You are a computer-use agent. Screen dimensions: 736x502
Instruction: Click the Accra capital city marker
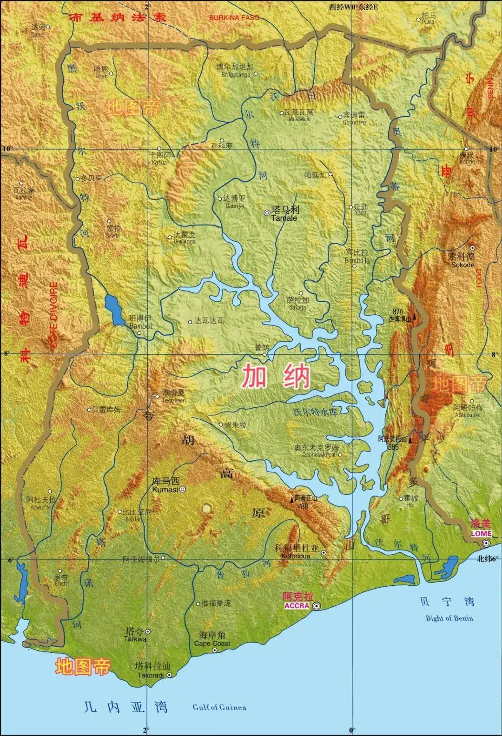[x=317, y=606]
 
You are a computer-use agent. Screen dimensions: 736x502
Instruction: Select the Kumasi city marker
[x=183, y=489]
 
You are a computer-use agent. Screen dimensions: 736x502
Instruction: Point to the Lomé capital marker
[x=486, y=543]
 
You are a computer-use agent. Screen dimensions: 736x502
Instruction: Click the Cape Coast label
[x=212, y=644]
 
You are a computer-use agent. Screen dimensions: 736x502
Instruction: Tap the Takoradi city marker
[x=169, y=675]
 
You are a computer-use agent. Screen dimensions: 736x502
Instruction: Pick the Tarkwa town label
[x=136, y=639]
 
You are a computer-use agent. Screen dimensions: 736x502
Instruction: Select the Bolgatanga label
[x=233, y=74]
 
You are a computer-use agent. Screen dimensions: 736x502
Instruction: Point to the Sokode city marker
[x=472, y=248]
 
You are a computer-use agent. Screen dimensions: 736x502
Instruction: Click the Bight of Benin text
[x=449, y=618]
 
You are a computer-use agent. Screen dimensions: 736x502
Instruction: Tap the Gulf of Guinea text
[x=219, y=707]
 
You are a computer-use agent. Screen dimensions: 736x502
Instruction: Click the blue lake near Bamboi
[x=113, y=309]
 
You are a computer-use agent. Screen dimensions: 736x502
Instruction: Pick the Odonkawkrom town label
[x=316, y=455]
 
